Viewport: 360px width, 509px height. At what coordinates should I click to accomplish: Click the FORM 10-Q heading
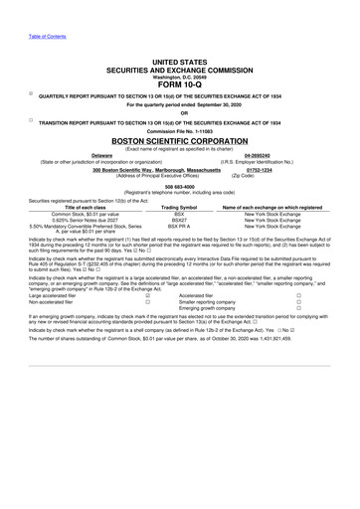pos(180,84)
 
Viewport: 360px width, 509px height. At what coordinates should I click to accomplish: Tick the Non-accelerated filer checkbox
pos(148,301)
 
